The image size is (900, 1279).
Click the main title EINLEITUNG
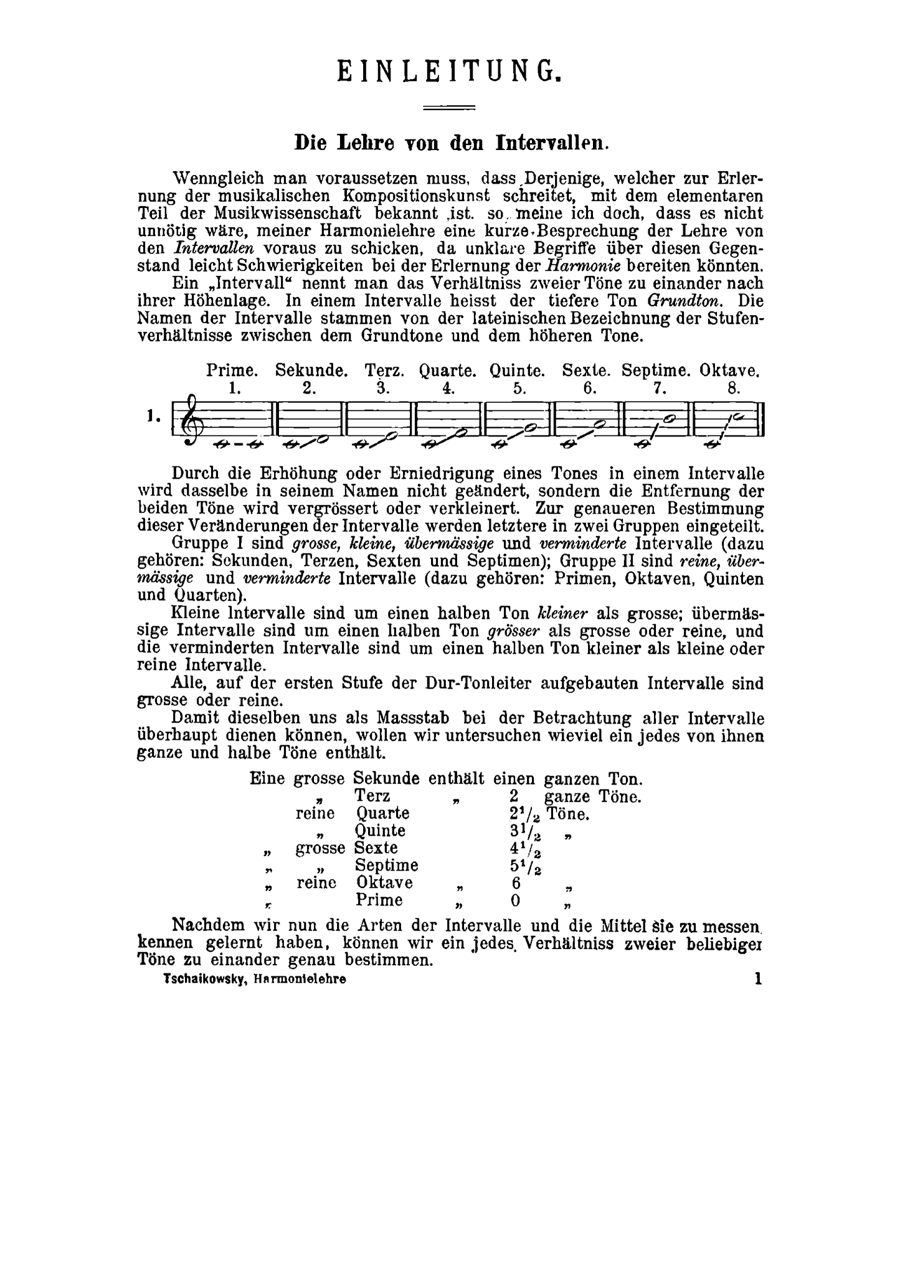[x=450, y=72]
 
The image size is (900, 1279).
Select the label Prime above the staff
[x=232, y=370]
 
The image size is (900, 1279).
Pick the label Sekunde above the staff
[x=311, y=370]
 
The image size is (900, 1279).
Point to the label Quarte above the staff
[x=447, y=370]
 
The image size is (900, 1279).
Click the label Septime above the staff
[x=656, y=370]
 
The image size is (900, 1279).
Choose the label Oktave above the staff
[x=729, y=370]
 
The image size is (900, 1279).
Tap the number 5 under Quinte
[x=519, y=389]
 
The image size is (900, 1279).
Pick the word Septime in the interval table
[x=386, y=866]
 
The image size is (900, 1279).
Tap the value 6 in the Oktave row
[x=515, y=883]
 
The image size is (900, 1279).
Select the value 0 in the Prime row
[x=515, y=900]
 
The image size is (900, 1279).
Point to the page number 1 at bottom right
[x=758, y=978]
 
